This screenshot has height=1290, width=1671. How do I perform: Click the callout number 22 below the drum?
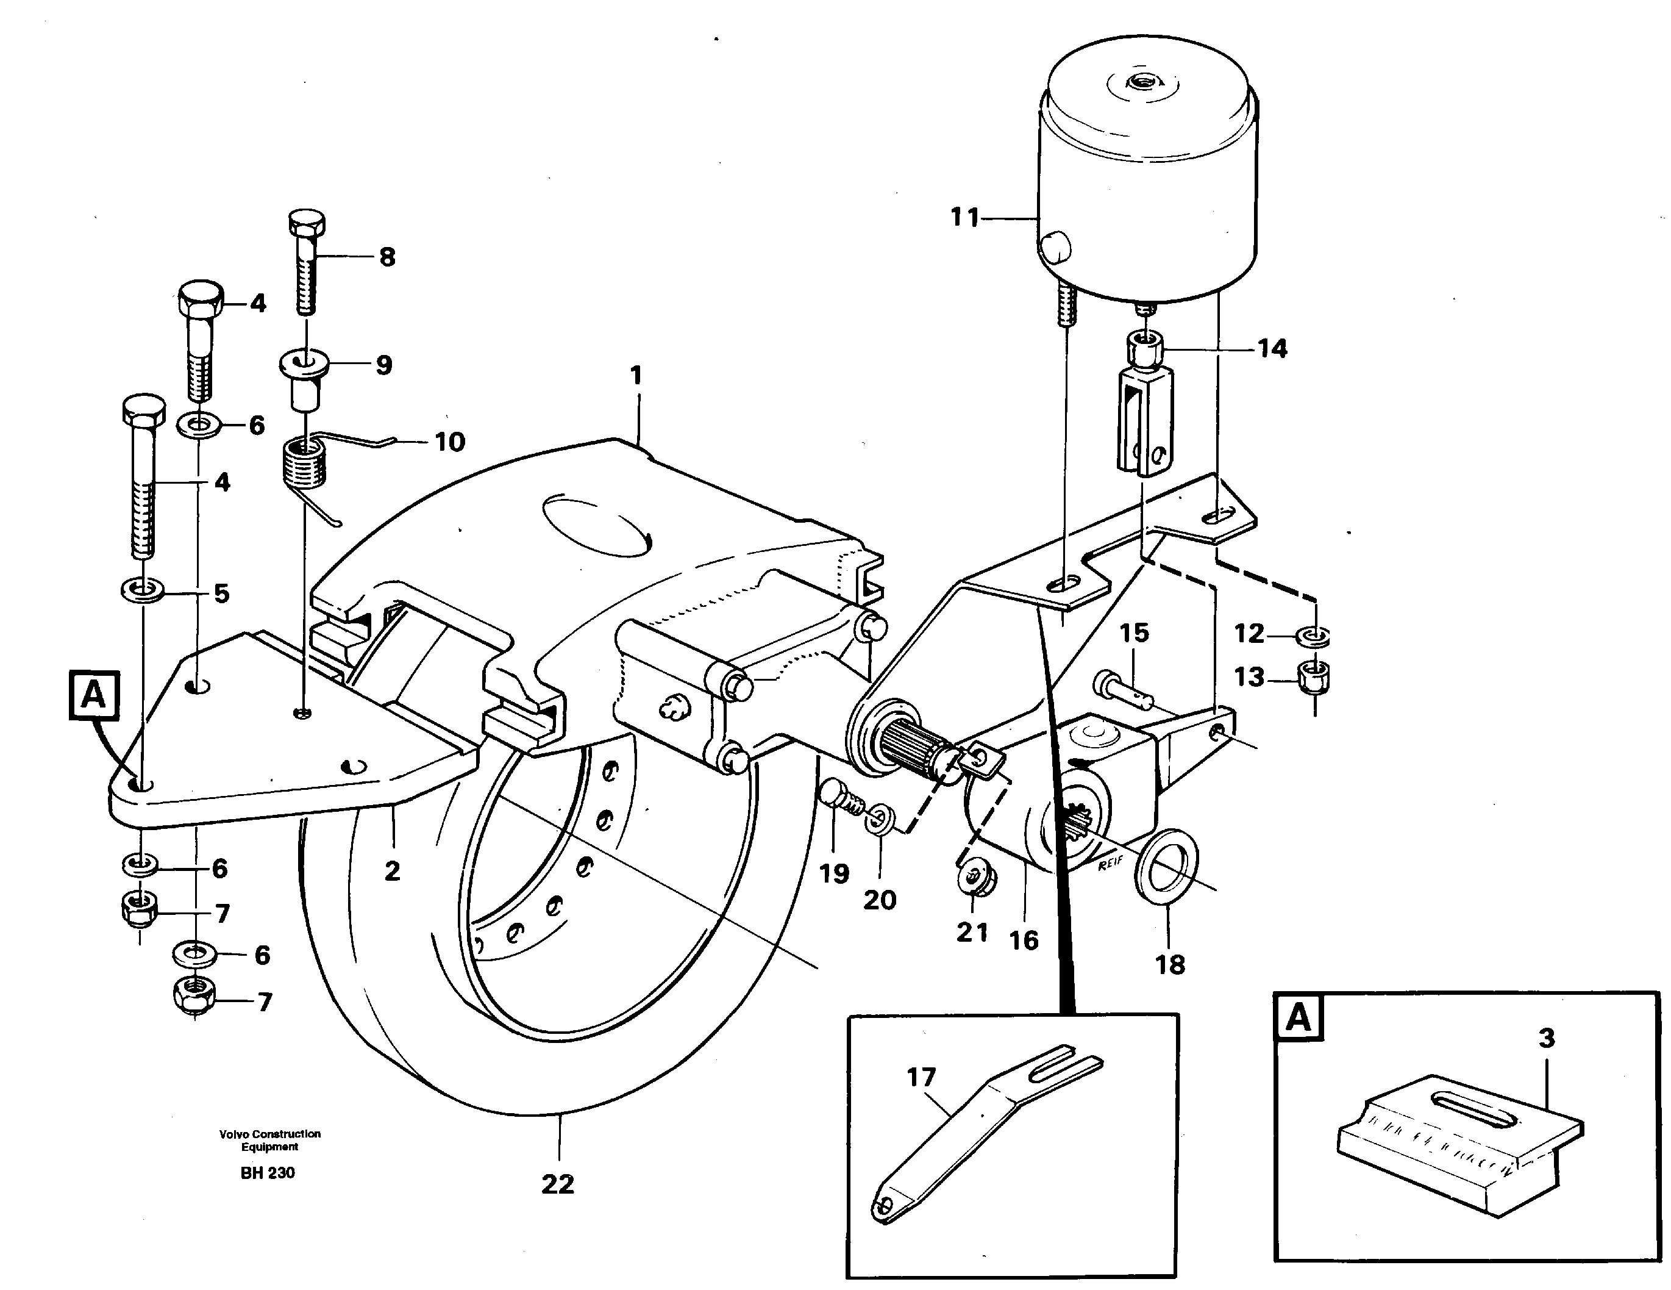pos(557,1184)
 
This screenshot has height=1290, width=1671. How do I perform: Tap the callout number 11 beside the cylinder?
pos(965,218)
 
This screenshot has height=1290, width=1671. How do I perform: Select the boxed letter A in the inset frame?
pos(1299,1019)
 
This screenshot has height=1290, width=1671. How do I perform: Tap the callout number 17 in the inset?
pos(921,1077)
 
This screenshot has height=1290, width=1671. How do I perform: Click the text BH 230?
pos(267,1173)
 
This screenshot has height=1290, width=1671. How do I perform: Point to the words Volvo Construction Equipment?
pos(269,1140)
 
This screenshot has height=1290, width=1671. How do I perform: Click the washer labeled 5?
pos(141,590)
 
